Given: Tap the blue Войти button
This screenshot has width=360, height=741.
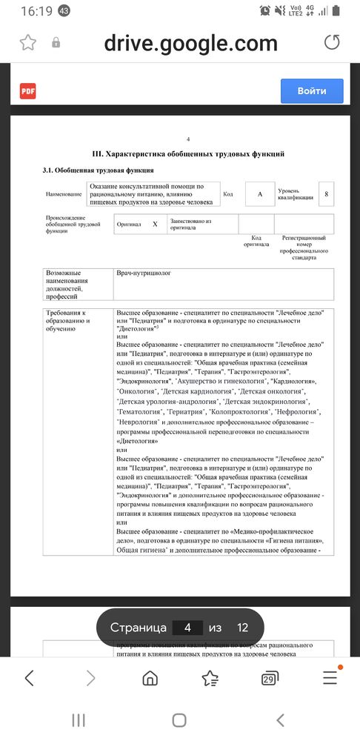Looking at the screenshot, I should [312, 91].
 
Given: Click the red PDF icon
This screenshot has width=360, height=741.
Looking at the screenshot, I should [28, 91].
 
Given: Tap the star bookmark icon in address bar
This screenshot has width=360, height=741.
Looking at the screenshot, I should [27, 43].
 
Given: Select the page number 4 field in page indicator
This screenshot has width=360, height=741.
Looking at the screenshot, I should [187, 628].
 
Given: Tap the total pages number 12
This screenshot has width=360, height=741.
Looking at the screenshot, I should [242, 628].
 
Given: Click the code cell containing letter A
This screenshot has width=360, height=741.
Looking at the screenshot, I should [259, 193].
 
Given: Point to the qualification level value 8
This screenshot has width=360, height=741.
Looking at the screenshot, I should [325, 193].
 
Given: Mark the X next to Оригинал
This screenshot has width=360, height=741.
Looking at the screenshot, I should [154, 223].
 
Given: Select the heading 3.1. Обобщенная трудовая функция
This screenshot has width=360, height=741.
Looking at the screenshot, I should [98, 170].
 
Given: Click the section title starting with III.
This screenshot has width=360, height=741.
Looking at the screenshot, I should [188, 154].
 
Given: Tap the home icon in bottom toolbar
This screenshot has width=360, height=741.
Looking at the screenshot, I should [150, 677].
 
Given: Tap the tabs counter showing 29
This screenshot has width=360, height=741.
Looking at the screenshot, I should [269, 678].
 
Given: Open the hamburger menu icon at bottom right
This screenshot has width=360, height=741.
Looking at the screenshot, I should [330, 677].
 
